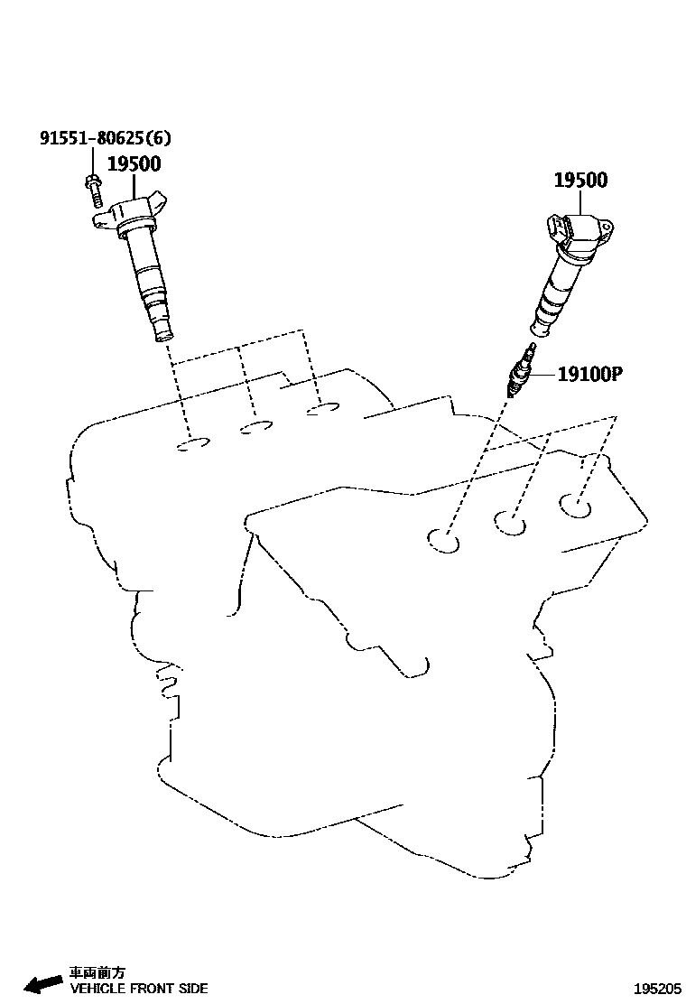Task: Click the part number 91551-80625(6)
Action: pyautogui.click(x=104, y=138)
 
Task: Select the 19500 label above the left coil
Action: pyautogui.click(x=134, y=163)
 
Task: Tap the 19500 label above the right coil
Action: pyautogui.click(x=580, y=180)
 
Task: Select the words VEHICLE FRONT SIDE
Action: pyautogui.click(x=139, y=988)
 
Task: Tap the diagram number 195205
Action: pyautogui.click(x=657, y=989)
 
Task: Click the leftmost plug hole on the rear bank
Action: pyautogui.click(x=192, y=444)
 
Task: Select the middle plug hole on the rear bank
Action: pyautogui.click(x=257, y=426)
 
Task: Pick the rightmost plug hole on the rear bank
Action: pyautogui.click(x=322, y=411)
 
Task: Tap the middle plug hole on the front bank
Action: pyautogui.click(x=511, y=523)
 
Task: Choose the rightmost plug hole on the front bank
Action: pyautogui.click(x=575, y=505)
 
